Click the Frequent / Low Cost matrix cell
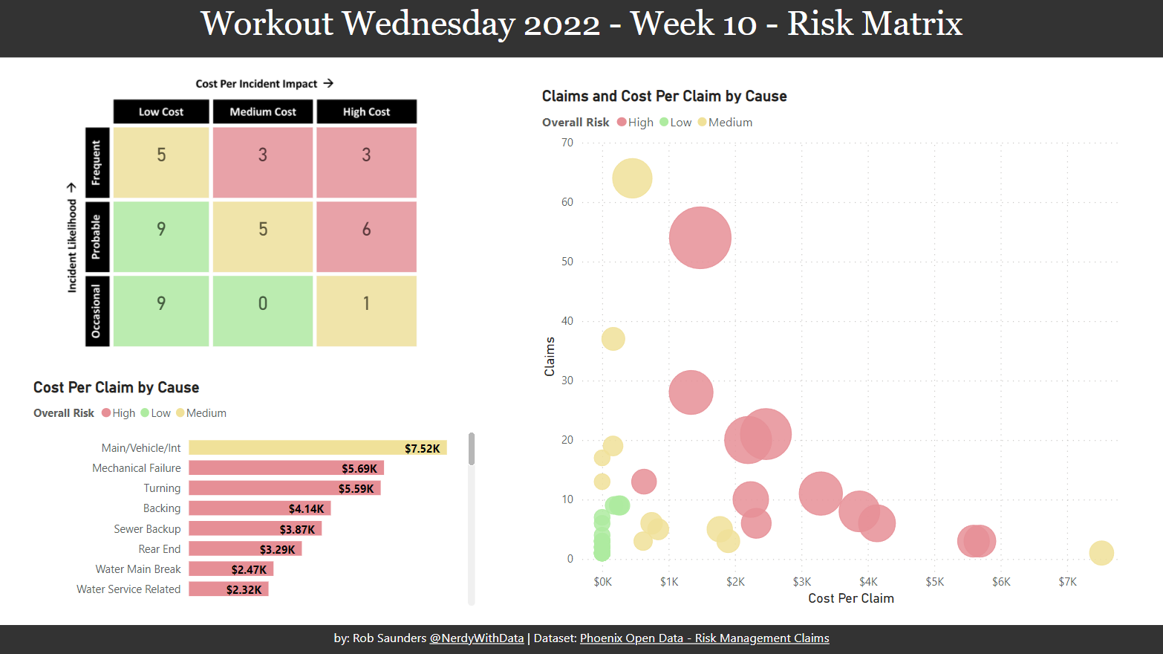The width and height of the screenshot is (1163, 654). click(161, 162)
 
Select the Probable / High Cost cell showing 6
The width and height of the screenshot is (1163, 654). click(366, 236)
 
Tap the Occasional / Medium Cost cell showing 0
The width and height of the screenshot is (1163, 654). click(263, 311)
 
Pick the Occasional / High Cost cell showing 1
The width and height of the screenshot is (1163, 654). click(366, 311)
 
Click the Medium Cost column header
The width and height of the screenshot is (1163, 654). click(263, 111)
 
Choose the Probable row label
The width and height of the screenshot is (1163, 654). click(97, 236)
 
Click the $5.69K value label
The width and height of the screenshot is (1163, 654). click(359, 468)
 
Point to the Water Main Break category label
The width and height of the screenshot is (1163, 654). click(138, 569)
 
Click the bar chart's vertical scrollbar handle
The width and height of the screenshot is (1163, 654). click(472, 449)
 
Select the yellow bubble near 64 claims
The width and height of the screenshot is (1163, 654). click(632, 178)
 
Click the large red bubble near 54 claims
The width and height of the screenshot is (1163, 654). click(700, 238)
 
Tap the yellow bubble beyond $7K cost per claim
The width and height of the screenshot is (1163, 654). click(1101, 553)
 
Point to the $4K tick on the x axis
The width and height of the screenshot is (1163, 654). click(868, 582)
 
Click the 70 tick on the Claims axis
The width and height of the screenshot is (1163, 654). click(567, 143)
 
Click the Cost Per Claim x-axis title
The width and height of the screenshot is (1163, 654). click(851, 598)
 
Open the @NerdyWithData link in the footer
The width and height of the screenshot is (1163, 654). click(476, 638)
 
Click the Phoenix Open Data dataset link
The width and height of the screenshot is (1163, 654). click(704, 638)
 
